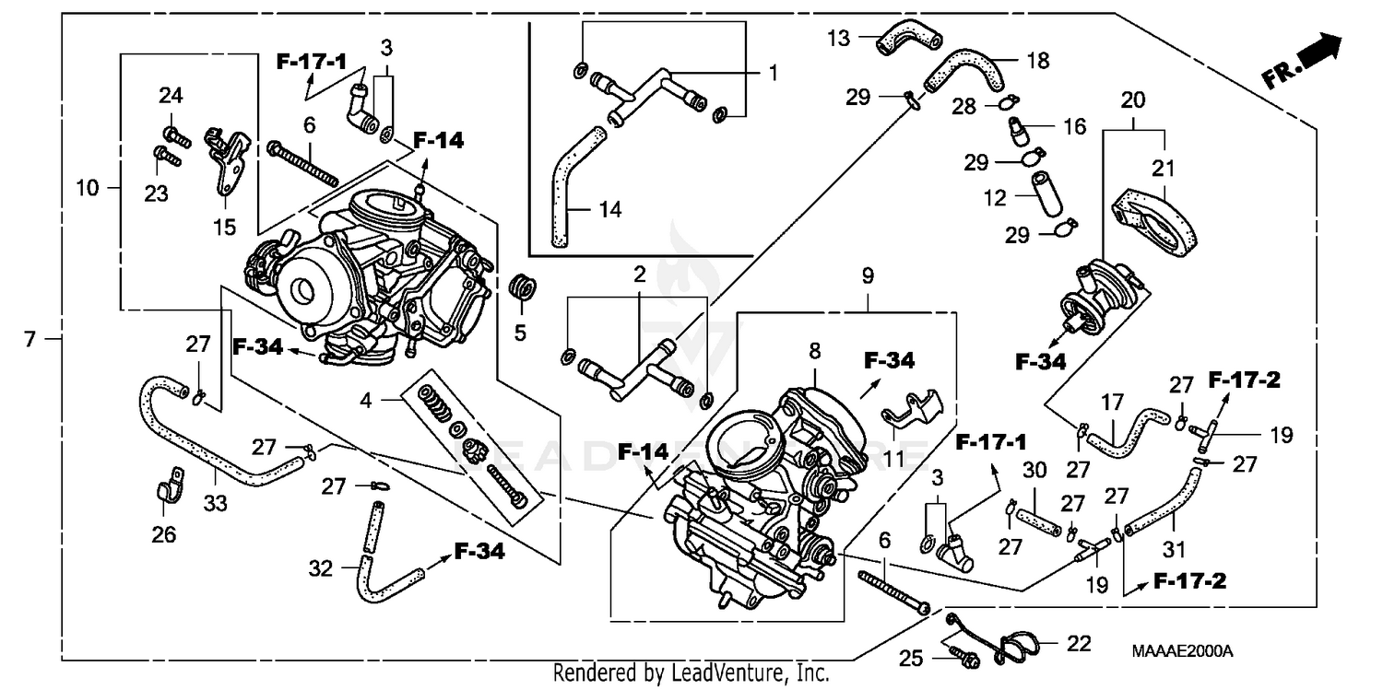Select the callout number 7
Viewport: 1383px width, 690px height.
pyautogui.click(x=30, y=340)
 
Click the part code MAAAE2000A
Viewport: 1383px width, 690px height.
pyautogui.click(x=1182, y=651)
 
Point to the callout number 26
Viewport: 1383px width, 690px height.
pyautogui.click(x=163, y=534)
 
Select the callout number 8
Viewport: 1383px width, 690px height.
pyautogui.click(x=814, y=350)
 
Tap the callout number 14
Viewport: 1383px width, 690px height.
pyautogui.click(x=609, y=210)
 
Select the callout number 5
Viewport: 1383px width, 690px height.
pyautogui.click(x=520, y=333)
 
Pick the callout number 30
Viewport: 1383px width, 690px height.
pyautogui.click(x=1034, y=469)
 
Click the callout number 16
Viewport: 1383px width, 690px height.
pyautogui.click(x=1075, y=126)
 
